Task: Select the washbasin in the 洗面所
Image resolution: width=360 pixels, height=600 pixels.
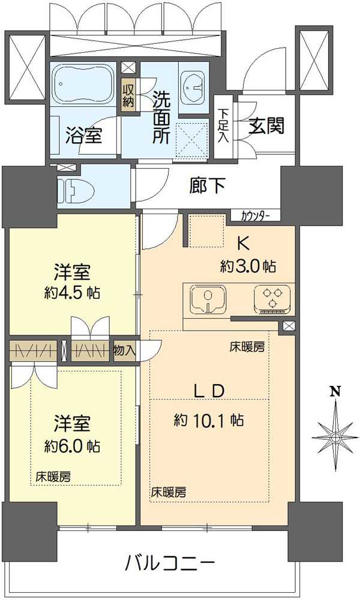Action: pos(192,89)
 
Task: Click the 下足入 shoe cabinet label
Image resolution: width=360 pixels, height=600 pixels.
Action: pos(223,124)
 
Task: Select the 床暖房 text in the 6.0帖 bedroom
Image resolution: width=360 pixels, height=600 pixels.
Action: pos(53,477)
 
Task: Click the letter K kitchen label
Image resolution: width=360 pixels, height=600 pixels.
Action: pos(243,243)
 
